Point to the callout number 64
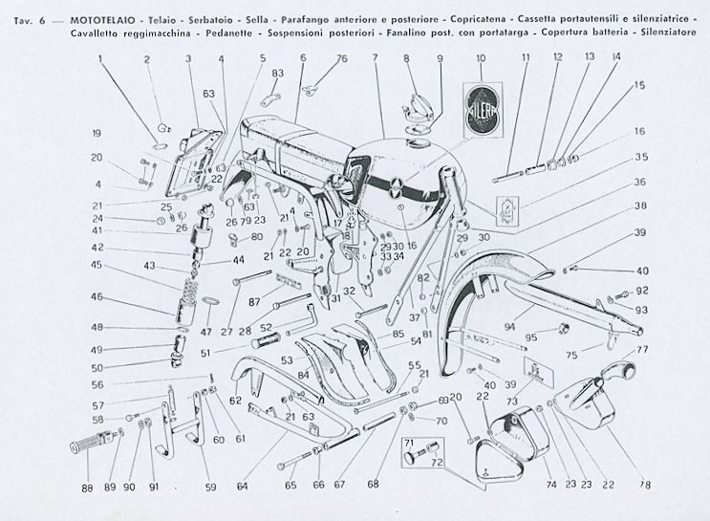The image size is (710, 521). [243, 486]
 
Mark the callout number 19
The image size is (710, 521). [97, 132]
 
